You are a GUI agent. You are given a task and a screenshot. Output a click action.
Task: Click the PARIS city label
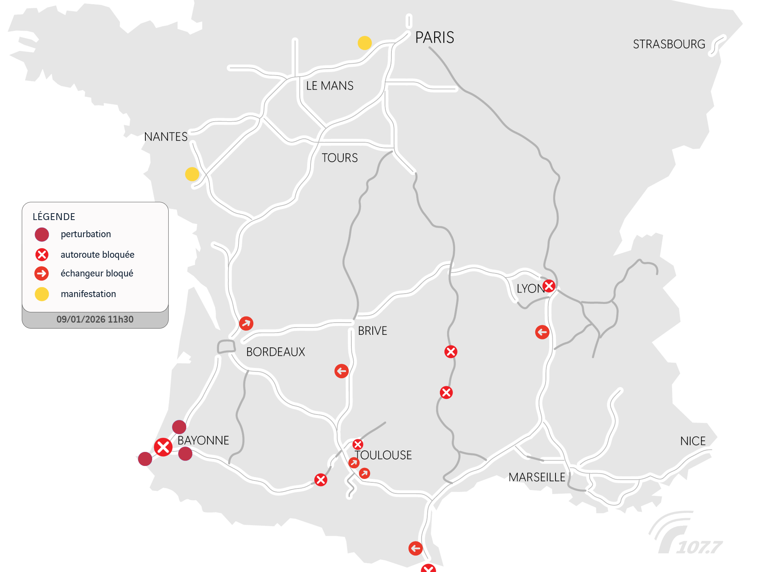(x=435, y=38)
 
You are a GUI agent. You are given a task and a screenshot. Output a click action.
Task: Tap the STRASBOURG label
(x=669, y=44)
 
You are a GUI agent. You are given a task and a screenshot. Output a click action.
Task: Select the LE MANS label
(x=330, y=86)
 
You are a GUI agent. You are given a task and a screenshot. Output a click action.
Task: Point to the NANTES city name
(x=166, y=137)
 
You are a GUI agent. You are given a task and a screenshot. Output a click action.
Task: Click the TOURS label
(x=340, y=158)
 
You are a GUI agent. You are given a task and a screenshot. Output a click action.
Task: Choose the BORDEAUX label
(x=275, y=352)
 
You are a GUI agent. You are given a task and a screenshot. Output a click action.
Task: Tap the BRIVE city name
(x=372, y=331)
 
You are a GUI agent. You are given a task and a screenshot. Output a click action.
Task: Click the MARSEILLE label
(x=537, y=477)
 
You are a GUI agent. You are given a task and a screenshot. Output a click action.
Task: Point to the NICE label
(x=693, y=441)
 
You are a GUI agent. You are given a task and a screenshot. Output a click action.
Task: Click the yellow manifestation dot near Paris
(x=365, y=43)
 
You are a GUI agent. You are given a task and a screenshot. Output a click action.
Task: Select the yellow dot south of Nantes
(x=192, y=174)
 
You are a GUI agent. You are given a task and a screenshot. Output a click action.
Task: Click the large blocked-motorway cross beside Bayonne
(x=163, y=447)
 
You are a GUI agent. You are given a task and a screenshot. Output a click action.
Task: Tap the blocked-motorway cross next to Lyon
(x=549, y=286)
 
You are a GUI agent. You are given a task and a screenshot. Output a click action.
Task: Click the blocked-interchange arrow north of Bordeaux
(x=246, y=323)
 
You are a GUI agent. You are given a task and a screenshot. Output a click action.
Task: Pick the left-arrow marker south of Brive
(x=341, y=371)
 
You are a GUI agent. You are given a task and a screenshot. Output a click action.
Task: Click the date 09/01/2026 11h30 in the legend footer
(x=95, y=320)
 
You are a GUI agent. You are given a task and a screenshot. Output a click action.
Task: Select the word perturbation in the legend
(x=86, y=234)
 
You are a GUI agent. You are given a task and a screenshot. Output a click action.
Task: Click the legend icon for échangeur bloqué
(x=42, y=273)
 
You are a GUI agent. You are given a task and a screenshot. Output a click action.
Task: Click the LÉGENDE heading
(x=54, y=217)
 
